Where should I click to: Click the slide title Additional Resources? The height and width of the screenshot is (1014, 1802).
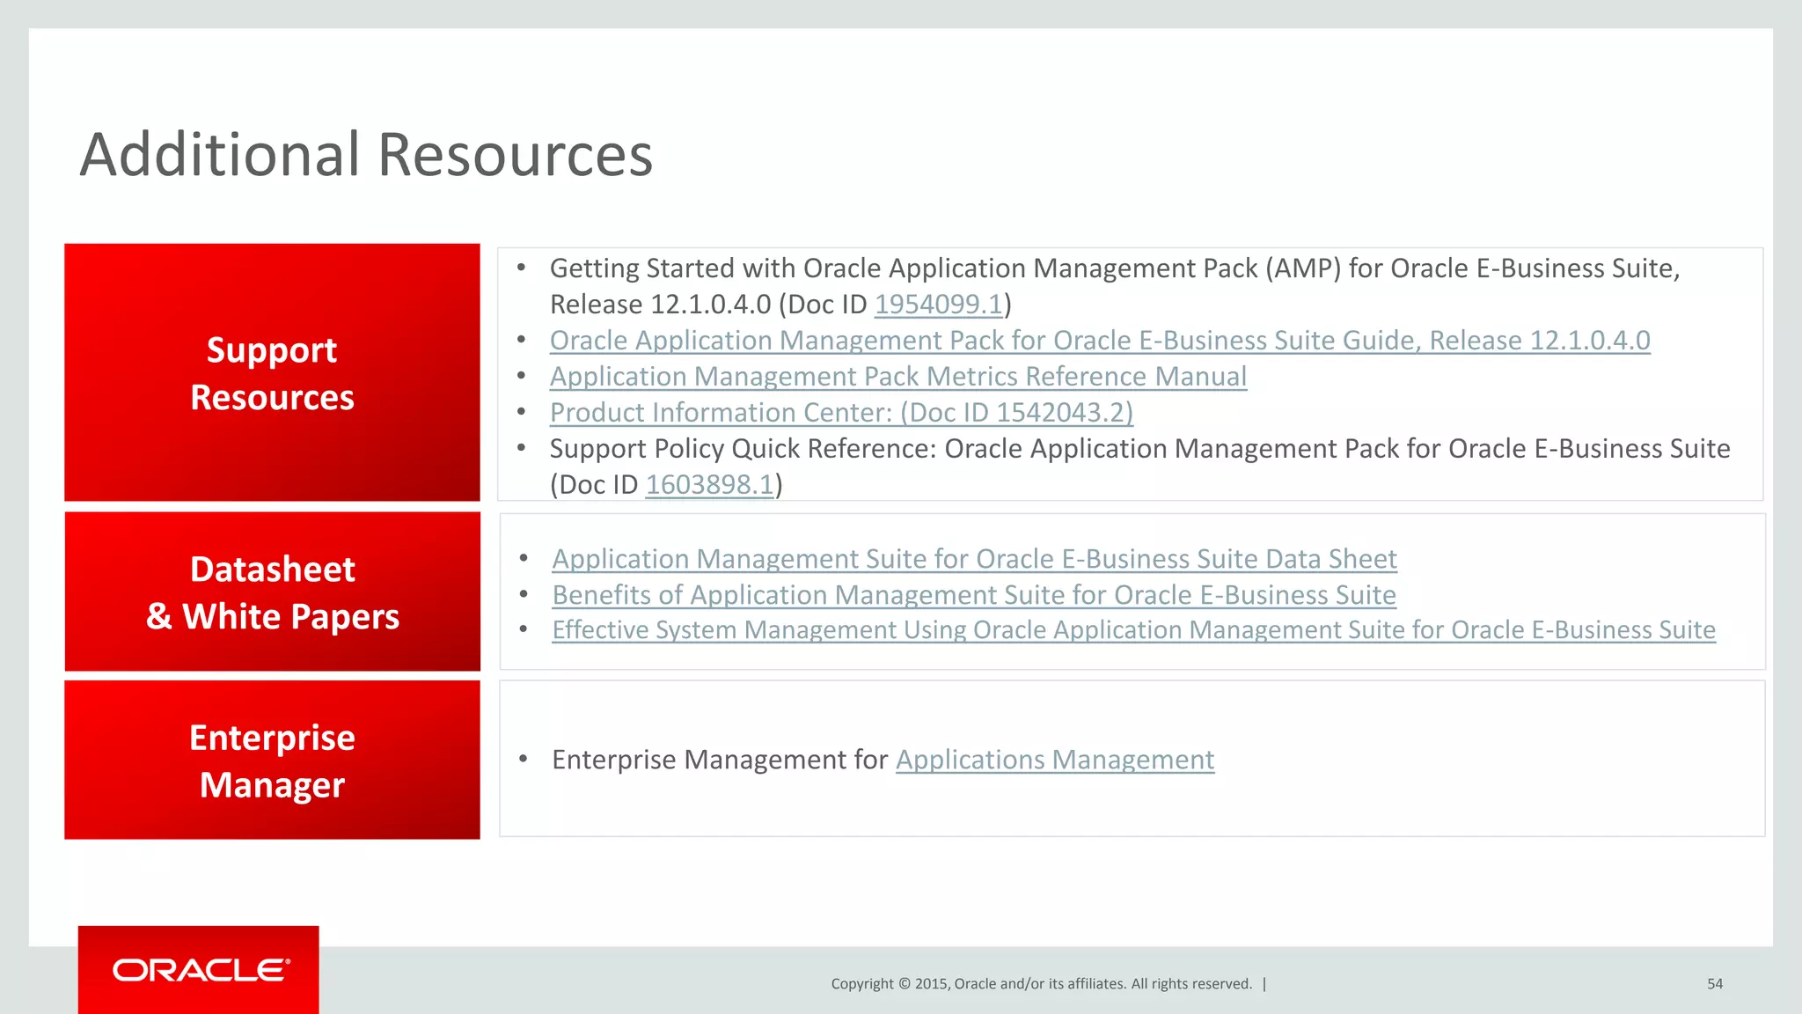coord(366,155)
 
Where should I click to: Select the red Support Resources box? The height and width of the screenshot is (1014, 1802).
coord(272,373)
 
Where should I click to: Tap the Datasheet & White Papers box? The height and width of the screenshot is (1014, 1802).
coord(272,591)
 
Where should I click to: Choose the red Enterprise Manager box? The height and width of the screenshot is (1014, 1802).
coord(272,760)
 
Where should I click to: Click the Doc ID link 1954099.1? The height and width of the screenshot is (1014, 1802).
coord(938,305)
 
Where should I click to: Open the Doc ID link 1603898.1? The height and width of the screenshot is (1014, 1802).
coord(709,485)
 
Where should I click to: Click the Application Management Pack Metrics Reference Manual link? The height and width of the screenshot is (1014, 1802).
coord(897,377)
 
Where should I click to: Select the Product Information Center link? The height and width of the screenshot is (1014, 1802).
coord(841,413)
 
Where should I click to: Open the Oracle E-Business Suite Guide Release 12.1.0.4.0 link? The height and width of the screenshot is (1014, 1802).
coord(1099,341)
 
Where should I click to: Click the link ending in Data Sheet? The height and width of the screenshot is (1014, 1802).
coord(974,559)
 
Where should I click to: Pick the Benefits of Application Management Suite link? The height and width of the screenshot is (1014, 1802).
coord(973,595)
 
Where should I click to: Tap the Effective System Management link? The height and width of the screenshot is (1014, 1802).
coord(1133,630)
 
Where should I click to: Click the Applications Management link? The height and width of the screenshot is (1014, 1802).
coord(1054,760)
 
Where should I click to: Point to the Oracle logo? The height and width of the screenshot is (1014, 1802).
coord(201,970)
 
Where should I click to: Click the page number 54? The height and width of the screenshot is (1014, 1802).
coord(1714,984)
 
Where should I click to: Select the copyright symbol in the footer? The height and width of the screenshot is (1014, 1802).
coord(904,984)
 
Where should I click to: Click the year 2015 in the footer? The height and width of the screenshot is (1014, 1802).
coord(930,984)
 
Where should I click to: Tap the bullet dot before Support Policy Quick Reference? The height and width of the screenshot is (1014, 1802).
coord(521,448)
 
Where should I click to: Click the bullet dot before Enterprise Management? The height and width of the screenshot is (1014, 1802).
coord(523,759)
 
